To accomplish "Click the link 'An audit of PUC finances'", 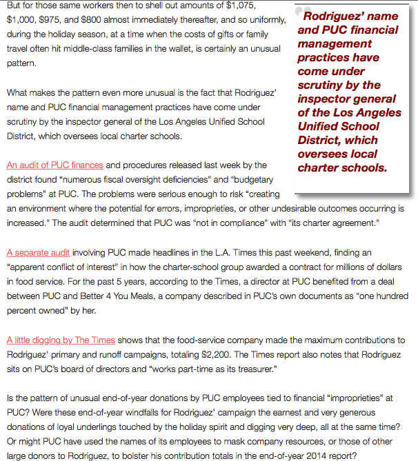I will (x=55, y=165).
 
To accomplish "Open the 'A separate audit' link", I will (x=39, y=253).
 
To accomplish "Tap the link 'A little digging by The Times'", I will (x=61, y=340).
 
